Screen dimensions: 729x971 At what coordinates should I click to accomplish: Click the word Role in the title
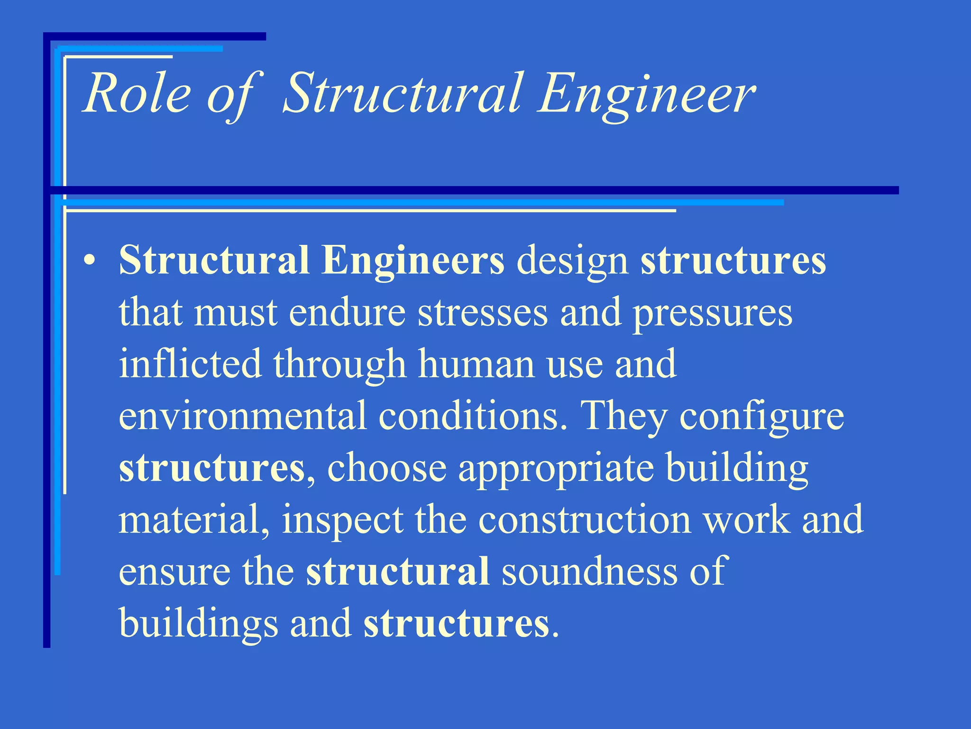(x=137, y=94)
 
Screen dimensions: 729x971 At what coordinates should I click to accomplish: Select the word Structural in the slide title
(x=403, y=94)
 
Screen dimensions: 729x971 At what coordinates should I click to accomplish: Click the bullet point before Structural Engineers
(x=89, y=262)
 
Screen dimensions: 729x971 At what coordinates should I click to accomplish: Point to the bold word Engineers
(x=412, y=261)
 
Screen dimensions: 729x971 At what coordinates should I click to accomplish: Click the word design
(x=572, y=261)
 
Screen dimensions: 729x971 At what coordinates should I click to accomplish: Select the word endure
(x=348, y=313)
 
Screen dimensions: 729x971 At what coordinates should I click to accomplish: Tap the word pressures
(x=713, y=314)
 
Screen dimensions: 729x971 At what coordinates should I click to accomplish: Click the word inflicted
(x=190, y=364)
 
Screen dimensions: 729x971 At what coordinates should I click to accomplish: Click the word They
(x=624, y=416)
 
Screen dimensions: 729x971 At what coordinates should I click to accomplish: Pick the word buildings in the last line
(x=198, y=623)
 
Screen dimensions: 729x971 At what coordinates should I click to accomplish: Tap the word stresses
(x=483, y=314)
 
